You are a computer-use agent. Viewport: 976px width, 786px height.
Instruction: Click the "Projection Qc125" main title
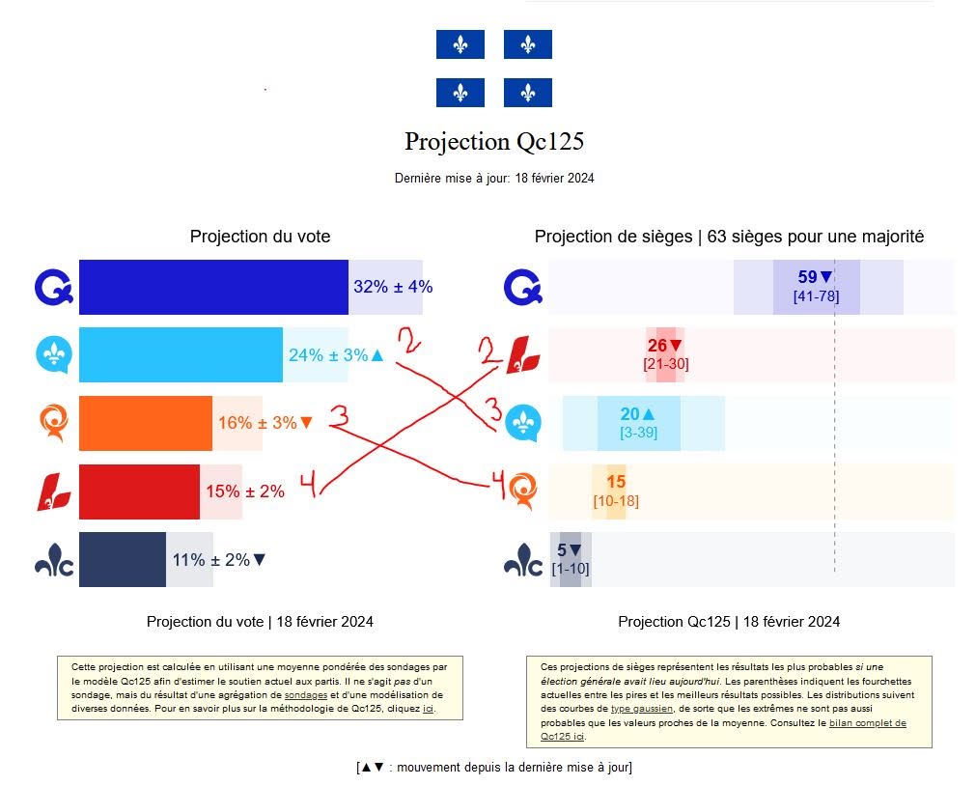point(494,142)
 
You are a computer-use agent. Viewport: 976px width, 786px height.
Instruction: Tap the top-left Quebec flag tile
point(460,44)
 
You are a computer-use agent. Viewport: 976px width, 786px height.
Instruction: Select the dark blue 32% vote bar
point(213,287)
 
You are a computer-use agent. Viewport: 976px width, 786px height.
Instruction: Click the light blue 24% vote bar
point(181,354)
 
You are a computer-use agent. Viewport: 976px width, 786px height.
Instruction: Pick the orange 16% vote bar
point(146,423)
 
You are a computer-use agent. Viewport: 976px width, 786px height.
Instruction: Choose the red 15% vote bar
point(139,491)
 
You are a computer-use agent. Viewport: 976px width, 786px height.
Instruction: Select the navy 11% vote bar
point(123,559)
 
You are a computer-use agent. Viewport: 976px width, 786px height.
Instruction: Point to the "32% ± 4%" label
point(393,287)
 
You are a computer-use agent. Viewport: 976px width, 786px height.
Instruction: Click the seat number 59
point(807,276)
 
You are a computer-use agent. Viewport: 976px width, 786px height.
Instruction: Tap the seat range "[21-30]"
point(666,364)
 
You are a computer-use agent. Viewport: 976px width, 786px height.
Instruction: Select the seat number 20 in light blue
point(630,413)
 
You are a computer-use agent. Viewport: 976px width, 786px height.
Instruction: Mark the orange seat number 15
point(616,482)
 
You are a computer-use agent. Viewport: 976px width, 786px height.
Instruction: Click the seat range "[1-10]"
point(571,568)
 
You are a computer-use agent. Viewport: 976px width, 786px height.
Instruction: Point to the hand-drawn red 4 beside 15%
point(309,485)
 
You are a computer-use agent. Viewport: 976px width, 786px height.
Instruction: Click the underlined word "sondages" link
point(306,695)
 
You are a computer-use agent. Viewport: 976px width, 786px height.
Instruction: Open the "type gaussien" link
point(642,709)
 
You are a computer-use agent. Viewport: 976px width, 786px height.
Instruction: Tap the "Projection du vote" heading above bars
point(261,237)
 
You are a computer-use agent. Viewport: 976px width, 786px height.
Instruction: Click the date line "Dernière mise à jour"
point(494,178)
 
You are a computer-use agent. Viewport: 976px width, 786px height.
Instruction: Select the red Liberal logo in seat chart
point(523,355)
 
